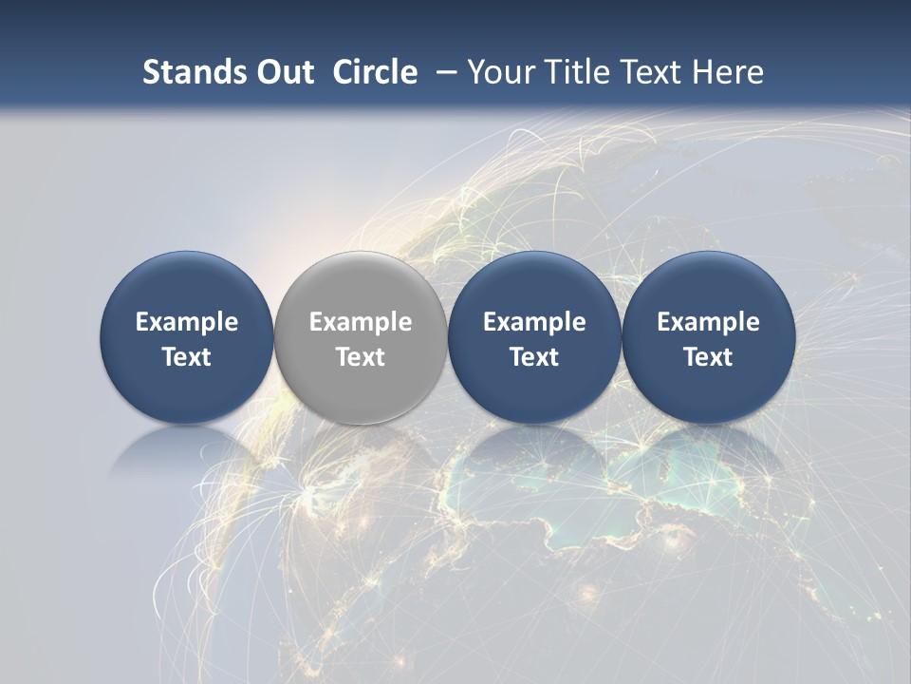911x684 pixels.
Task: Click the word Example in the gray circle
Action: point(361,322)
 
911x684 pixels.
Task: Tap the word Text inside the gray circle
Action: point(361,357)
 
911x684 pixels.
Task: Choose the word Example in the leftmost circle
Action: point(187,322)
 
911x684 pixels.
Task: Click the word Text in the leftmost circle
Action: point(187,357)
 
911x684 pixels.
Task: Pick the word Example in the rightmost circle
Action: point(708,322)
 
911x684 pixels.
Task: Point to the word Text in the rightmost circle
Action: point(708,357)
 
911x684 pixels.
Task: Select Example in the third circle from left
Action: point(534,322)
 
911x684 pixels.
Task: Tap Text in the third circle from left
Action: point(534,357)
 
